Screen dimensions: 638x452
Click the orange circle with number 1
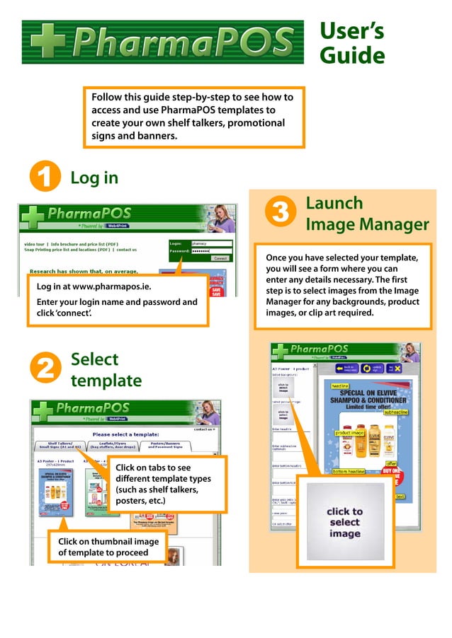click(x=44, y=178)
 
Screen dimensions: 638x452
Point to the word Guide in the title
click(x=352, y=55)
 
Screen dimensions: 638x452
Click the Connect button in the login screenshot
click(x=220, y=259)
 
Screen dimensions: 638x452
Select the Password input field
click(x=211, y=251)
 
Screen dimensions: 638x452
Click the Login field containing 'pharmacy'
click(x=211, y=243)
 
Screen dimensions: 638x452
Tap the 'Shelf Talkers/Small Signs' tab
click(x=59, y=446)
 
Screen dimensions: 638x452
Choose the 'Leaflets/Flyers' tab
click(x=113, y=446)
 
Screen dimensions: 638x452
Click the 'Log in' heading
click(x=94, y=178)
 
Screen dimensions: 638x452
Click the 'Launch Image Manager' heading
click(x=366, y=214)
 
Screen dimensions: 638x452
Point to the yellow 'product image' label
click(x=349, y=432)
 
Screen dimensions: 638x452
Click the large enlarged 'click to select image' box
click(x=345, y=522)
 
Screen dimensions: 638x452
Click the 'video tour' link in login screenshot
click(x=34, y=244)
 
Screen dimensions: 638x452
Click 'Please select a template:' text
click(x=125, y=434)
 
